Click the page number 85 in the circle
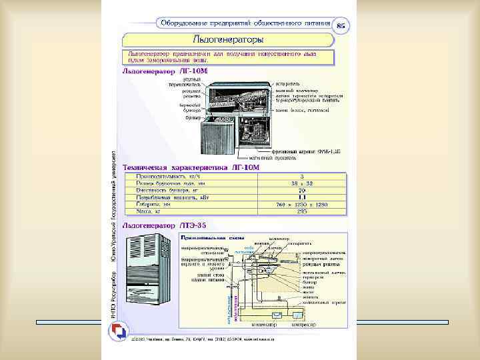click(341, 25)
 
